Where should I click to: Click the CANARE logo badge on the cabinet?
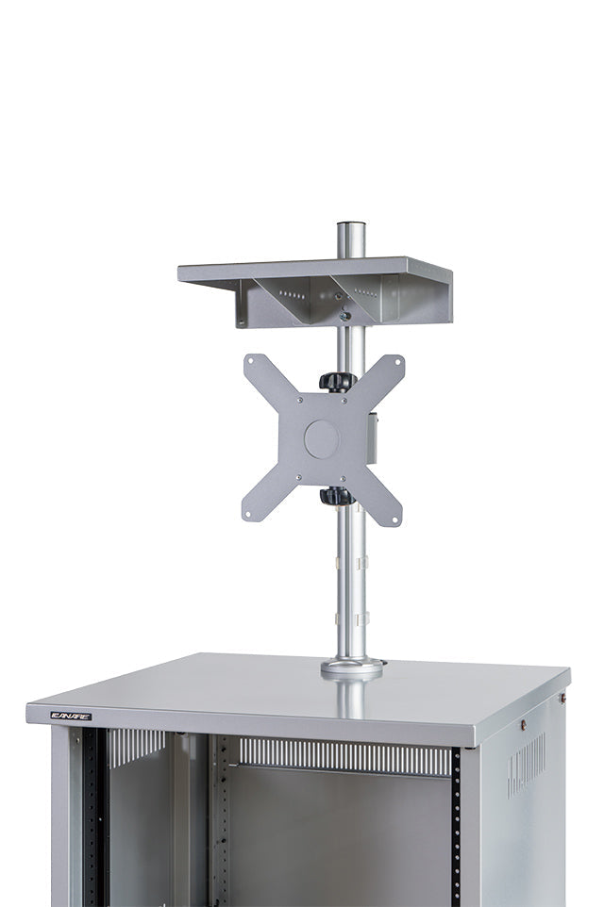(x=71, y=716)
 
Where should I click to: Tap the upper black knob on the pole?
(x=337, y=381)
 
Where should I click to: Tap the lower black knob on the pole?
(x=336, y=496)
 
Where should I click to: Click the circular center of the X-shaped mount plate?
(x=322, y=439)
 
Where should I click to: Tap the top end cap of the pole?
(x=351, y=227)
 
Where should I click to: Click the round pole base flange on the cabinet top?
(x=352, y=668)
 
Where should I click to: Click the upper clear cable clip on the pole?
(x=361, y=564)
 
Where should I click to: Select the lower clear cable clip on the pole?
(x=361, y=619)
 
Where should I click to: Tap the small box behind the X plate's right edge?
(x=373, y=437)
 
